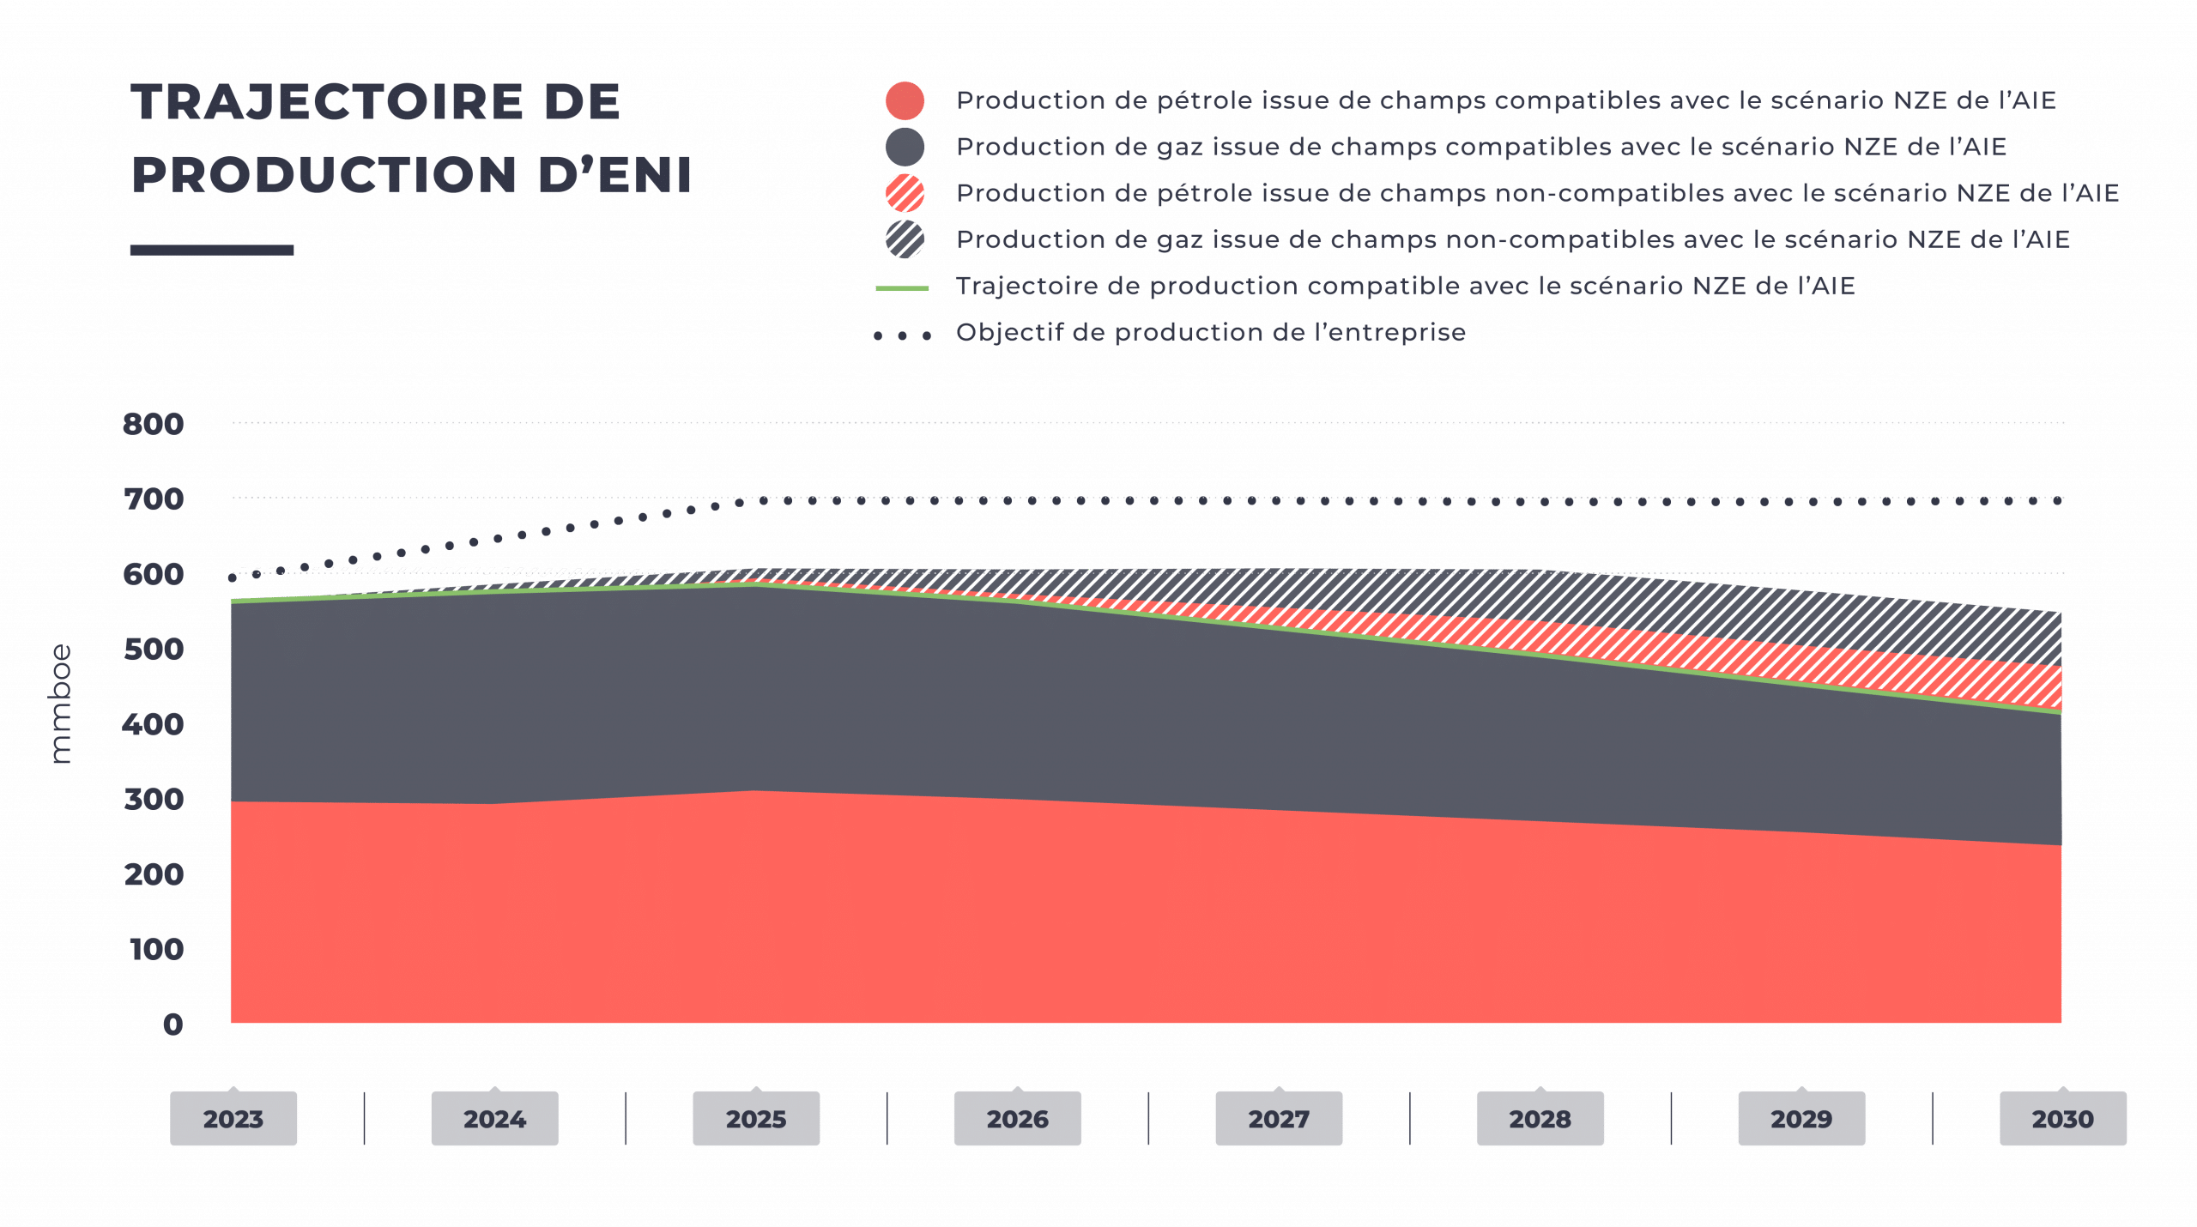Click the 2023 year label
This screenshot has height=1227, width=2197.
(233, 1119)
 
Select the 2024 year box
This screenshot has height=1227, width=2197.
(494, 1119)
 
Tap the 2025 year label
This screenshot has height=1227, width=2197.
(756, 1119)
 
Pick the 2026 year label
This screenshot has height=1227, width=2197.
(1017, 1119)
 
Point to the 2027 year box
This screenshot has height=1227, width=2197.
(1279, 1119)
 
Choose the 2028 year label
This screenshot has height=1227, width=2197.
(1540, 1119)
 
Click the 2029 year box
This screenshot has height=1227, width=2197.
(1801, 1119)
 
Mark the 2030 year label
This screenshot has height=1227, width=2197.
(2062, 1119)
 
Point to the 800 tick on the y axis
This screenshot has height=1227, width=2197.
(154, 424)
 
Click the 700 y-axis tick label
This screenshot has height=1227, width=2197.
(154, 499)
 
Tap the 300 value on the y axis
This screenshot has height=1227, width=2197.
(154, 800)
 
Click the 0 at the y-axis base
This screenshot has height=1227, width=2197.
(173, 1025)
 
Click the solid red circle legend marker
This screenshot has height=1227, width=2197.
(905, 101)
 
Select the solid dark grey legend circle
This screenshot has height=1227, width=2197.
(905, 148)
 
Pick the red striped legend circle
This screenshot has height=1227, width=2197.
(905, 194)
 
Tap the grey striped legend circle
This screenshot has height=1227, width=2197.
(905, 240)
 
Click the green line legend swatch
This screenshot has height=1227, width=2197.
(902, 288)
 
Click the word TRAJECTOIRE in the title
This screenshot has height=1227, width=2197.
(327, 103)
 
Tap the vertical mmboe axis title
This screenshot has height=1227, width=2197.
(62, 704)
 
